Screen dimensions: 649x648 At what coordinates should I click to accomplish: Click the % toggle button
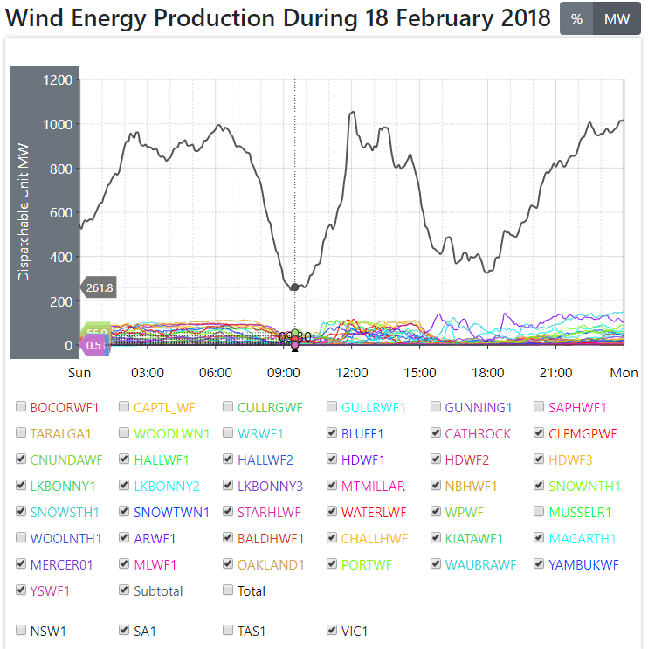576,19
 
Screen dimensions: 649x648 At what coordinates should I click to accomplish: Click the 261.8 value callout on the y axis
100,287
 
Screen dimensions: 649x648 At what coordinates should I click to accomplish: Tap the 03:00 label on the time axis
148,373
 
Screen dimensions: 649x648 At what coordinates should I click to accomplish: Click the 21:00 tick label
556,373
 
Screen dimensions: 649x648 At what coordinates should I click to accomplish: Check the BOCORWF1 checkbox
21,407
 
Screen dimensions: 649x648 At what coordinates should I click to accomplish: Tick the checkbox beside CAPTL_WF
125,407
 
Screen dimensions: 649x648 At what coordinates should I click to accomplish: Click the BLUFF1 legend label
362,433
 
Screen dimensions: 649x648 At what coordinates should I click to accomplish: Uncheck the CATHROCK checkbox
437,433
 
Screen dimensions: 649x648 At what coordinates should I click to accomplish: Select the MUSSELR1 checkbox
541,512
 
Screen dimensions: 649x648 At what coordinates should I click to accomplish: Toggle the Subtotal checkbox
125,590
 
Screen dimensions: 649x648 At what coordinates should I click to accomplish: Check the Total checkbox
229,590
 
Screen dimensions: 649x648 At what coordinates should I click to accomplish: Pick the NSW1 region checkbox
21,630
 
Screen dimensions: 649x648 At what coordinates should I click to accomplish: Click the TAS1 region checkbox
229,630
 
